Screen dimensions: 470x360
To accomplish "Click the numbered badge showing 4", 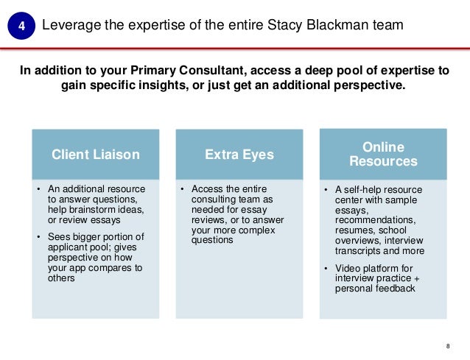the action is pos(21,27).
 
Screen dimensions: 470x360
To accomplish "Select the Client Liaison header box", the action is pos(94,155).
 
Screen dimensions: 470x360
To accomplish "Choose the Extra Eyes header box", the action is pos(239,155).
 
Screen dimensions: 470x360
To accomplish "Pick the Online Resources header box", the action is pos(383,154).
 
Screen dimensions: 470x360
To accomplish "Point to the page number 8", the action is pos(449,347).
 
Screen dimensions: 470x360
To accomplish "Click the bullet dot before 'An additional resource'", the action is pos(39,189).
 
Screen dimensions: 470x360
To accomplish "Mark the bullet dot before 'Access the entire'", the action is pos(183,189).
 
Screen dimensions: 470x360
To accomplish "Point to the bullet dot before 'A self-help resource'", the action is pos(328,191).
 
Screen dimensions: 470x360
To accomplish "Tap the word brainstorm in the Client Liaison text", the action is pos(96,209).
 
